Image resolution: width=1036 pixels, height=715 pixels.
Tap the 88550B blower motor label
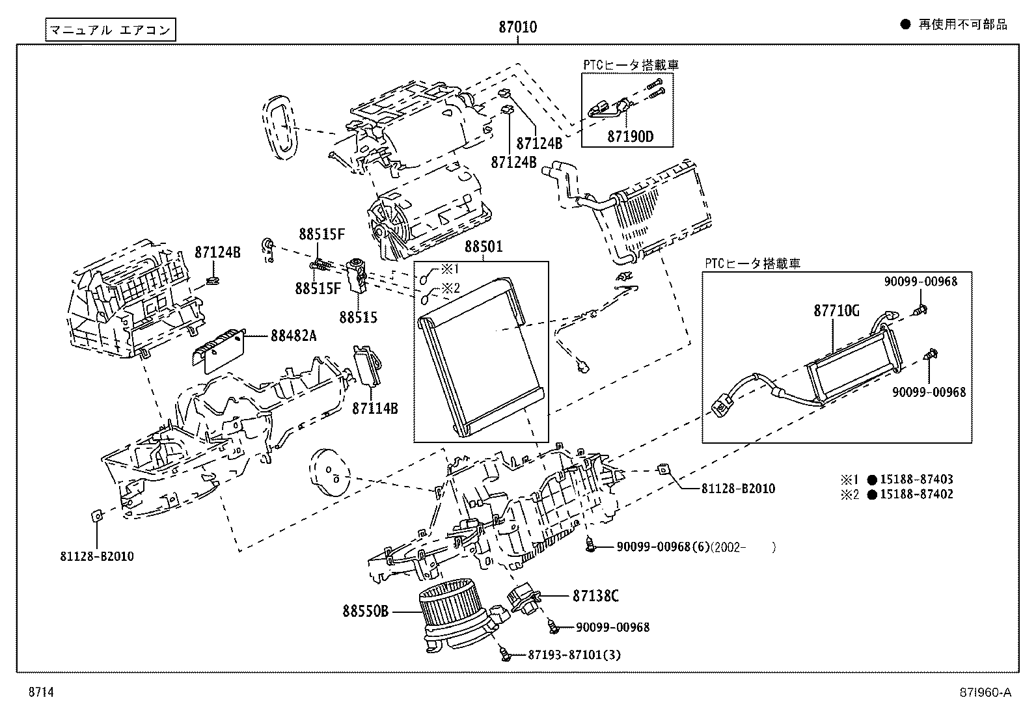pos(366,612)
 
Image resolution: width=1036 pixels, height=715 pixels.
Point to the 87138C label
pos(595,595)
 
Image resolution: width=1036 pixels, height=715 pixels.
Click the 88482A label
pos(294,336)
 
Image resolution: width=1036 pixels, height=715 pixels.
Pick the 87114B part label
pos(375,409)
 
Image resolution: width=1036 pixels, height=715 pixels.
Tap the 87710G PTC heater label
pos(836,311)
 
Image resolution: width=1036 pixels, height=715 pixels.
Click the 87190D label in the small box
pos(630,137)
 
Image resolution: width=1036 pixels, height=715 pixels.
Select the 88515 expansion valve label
pos(358,317)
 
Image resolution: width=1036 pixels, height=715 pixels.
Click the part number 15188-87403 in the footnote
pos(916,479)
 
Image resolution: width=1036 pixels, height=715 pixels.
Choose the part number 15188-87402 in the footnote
pos(916,494)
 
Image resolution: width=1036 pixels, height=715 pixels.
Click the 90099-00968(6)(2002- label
pos(695,547)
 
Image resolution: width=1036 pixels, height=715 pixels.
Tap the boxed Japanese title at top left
pos(111,30)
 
